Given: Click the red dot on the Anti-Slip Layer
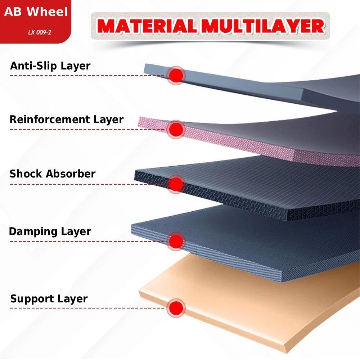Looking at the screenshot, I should (x=176, y=75).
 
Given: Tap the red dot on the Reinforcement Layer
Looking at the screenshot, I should (x=176, y=129).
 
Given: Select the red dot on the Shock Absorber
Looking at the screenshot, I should (x=176, y=184).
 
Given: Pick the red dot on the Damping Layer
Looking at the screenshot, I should (x=176, y=240).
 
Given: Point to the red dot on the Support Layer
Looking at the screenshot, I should (x=176, y=307).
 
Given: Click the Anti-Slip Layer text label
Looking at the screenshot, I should (x=50, y=66).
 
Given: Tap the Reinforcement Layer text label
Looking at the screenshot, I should (x=67, y=120).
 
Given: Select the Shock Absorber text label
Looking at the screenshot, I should (x=53, y=174).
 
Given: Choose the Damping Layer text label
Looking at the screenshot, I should (x=50, y=231).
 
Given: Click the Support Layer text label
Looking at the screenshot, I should (x=49, y=299).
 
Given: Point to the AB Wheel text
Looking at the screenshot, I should (x=36, y=12).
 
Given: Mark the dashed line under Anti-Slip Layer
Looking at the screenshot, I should (x=86, y=76).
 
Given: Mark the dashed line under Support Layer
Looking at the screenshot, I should (x=86, y=308).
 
